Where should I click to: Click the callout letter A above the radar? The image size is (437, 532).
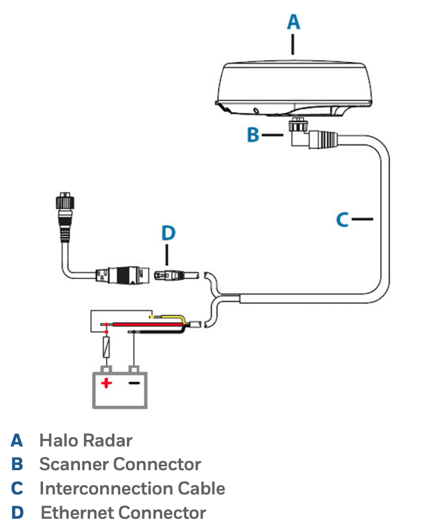(x=294, y=22)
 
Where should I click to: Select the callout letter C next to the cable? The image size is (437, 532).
(x=343, y=220)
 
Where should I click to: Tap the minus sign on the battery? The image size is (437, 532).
(x=134, y=381)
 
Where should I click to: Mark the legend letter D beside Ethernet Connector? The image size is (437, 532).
(x=18, y=513)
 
